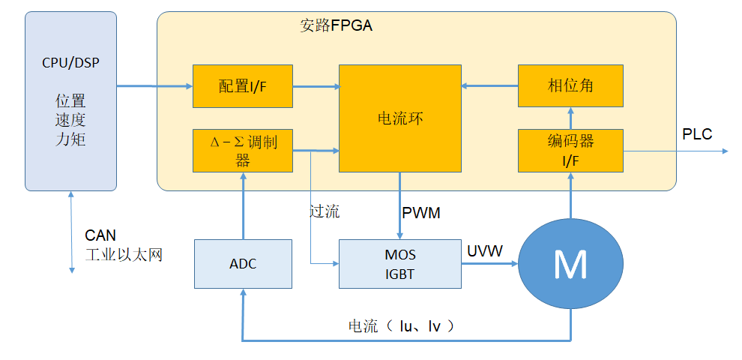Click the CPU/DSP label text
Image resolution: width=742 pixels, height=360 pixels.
click(x=70, y=61)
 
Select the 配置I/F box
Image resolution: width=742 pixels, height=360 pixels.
click(x=242, y=86)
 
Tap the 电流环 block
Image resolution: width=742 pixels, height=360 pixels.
click(x=399, y=118)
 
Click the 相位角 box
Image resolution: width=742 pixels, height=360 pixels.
click(x=570, y=86)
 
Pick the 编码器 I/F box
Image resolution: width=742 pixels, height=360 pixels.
click(x=570, y=150)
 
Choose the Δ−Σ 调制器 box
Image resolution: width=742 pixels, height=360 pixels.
click(x=242, y=150)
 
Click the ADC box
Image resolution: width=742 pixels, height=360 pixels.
click(x=242, y=264)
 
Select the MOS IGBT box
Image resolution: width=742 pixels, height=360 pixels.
click(x=399, y=264)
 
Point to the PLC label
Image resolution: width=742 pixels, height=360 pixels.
click(x=696, y=135)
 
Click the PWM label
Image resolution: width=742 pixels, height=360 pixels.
click(x=420, y=213)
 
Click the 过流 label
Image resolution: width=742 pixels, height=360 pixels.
click(x=325, y=211)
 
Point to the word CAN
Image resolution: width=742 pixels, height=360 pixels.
click(x=100, y=236)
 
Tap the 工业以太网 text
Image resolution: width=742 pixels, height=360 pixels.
click(x=124, y=255)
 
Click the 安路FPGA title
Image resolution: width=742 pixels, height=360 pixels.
click(x=337, y=25)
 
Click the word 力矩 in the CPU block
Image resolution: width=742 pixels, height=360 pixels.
click(x=70, y=139)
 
